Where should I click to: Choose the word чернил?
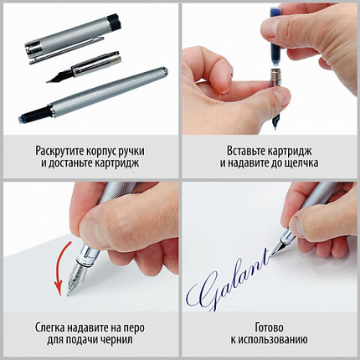coord(125,340)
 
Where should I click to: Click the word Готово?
coord(270,327)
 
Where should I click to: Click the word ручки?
coord(147,151)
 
